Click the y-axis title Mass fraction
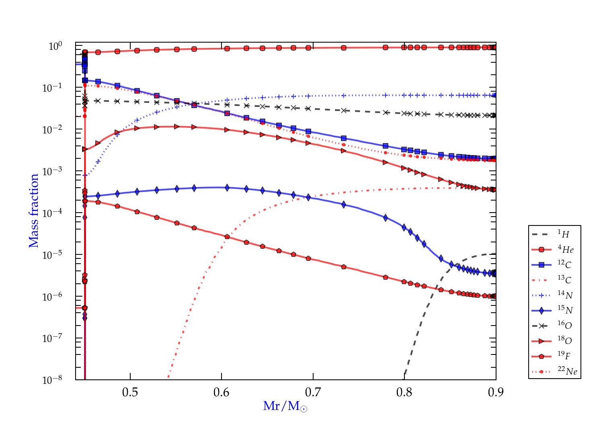tap(34, 211)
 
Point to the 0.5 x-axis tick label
tap(130, 392)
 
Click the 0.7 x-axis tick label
tap(313, 392)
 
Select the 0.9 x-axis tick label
tap(496, 392)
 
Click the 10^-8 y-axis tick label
tap(52, 379)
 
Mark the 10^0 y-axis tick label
tap(55, 46)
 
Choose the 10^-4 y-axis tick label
tap(52, 213)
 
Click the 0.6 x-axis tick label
tap(222, 392)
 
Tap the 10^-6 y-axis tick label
tap(52, 297)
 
